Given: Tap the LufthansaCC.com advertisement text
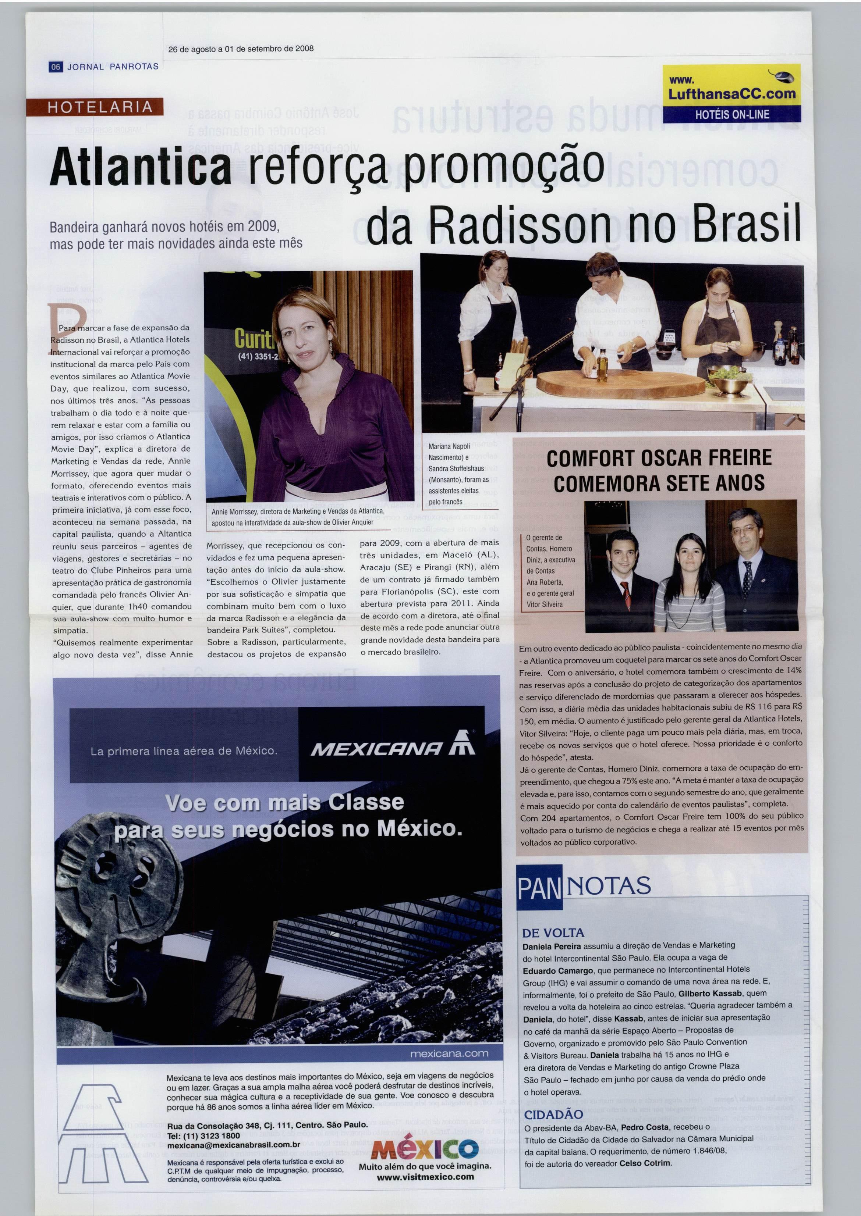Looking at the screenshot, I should (x=731, y=94).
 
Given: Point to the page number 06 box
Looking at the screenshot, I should (x=56, y=67).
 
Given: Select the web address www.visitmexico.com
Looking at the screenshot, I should (x=425, y=1177).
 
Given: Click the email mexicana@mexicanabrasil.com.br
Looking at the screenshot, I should (x=233, y=1144).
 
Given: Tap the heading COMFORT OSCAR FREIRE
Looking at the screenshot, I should (x=659, y=458).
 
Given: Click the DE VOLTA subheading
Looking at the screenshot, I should (x=553, y=932).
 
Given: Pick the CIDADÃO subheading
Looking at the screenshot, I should (x=553, y=1114).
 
